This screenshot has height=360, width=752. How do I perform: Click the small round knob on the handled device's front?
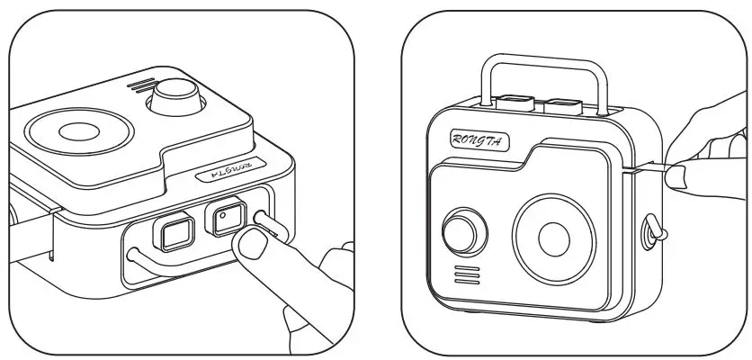[461, 231]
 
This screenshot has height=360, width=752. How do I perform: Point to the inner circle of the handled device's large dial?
[553, 238]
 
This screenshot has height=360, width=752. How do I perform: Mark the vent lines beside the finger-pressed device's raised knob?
[138, 86]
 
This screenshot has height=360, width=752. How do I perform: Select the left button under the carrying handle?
[515, 103]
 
